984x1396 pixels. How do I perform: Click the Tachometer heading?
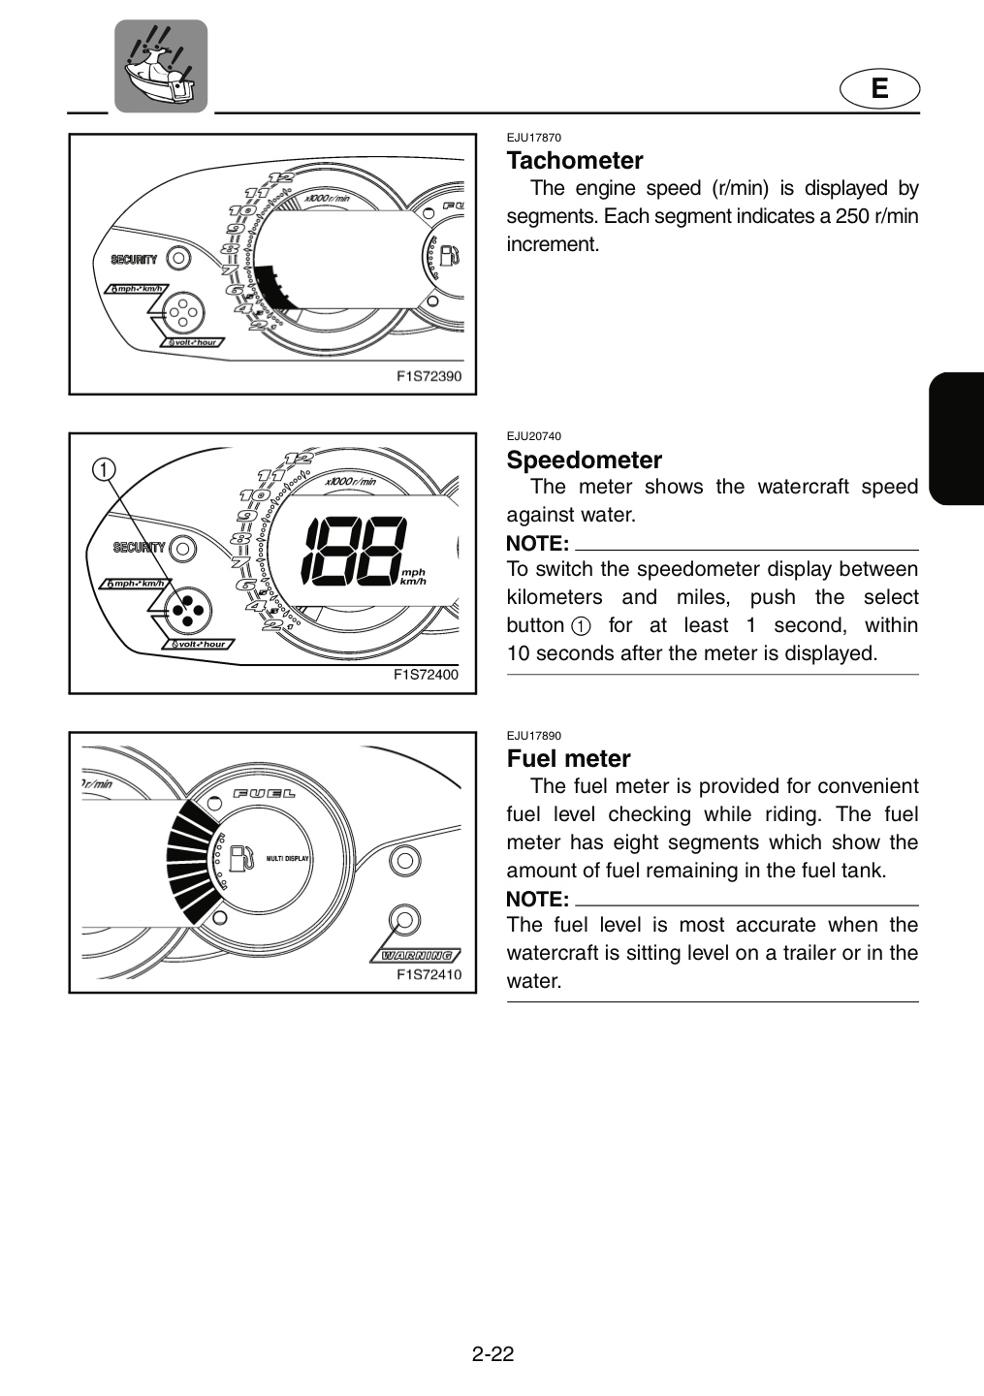tap(575, 161)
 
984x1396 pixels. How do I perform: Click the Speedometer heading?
tap(584, 460)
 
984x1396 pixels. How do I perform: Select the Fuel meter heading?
tap(568, 758)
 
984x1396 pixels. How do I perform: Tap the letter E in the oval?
tap(879, 88)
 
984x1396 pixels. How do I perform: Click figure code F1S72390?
tap(429, 376)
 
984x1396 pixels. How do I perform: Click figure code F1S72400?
tap(426, 675)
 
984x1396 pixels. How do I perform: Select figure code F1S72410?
tap(429, 974)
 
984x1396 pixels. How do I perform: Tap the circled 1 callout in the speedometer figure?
tap(104, 468)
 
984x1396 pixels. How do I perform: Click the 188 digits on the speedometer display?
tap(353, 553)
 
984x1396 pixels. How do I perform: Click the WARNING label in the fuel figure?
tap(416, 956)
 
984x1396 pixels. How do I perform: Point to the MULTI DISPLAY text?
tap(287, 859)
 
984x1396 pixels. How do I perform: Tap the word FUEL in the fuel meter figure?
tap(265, 794)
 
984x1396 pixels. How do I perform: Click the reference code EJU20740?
tap(533, 436)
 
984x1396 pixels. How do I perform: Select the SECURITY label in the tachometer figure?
tap(134, 259)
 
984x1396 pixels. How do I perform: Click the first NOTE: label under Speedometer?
tap(537, 544)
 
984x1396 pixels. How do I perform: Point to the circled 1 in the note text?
tap(581, 625)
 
